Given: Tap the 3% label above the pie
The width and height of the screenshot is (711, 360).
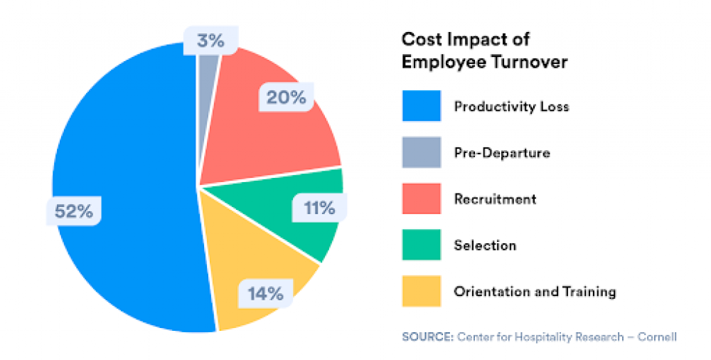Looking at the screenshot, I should pos(210,41).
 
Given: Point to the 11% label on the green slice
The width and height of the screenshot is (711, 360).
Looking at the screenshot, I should pos(319,208).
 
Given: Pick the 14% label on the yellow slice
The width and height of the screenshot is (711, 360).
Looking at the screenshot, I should pos(265,292).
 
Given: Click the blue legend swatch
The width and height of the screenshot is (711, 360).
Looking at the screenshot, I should pos(421,107).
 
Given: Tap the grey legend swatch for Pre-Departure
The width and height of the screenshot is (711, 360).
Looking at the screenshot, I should pos(421,152).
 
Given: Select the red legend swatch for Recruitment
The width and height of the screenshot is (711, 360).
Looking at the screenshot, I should pos(421,198).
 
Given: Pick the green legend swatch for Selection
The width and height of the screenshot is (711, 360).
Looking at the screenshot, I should pos(421,245).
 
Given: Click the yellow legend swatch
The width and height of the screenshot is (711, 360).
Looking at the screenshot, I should pos(421,291).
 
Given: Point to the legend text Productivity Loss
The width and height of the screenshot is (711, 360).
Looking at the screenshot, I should pos(511,107).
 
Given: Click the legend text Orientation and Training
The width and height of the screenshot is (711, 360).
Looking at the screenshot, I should pos(535,292).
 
